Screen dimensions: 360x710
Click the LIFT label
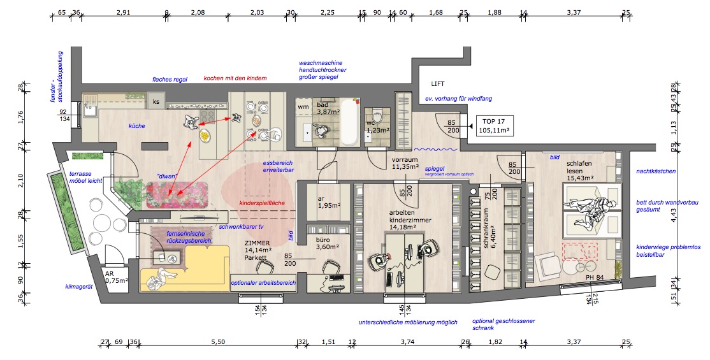pos(437,84)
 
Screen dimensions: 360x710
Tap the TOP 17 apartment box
pos(491,126)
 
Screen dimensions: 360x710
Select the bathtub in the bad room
pos(347,122)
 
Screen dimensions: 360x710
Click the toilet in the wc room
pos(377,118)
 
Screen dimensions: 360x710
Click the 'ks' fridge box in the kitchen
pos(156,101)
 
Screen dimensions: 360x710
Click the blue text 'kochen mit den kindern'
pos(235,78)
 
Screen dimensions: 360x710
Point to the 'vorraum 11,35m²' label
pos(405,162)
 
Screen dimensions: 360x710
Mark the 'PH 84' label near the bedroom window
pos(594,277)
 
